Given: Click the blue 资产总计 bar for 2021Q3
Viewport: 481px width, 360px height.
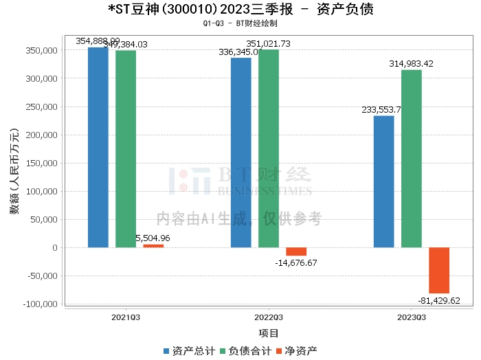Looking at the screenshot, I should pos(98,147).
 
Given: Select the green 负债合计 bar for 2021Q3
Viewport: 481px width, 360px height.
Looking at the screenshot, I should pos(126,148).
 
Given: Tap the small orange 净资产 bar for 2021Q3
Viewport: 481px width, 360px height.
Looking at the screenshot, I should pos(153,246).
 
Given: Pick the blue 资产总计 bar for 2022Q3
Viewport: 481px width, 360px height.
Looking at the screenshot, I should pos(240,153).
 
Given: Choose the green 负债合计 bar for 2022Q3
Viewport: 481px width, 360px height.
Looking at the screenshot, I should pos(269,148).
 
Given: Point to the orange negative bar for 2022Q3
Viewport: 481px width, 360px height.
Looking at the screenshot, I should pos(296,251).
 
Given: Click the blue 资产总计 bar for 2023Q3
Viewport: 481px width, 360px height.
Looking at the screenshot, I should pos(383,181).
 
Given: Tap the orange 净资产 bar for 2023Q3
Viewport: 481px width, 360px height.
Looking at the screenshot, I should pos(439,270).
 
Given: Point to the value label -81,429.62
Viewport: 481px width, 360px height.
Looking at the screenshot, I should pos(439,301).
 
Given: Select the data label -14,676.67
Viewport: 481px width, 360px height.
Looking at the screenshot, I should pos(296,263).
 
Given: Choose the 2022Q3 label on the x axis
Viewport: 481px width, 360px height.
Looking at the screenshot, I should pos(269,317).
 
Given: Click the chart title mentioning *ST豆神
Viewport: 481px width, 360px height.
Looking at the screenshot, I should pos(241,10).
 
